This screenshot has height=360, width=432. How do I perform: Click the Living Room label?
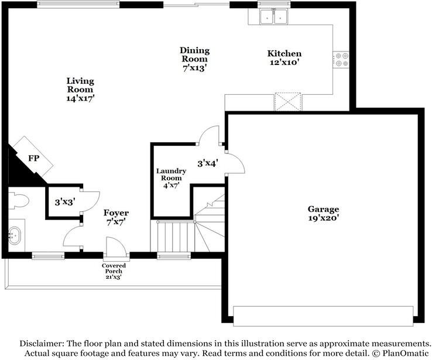click(x=80, y=85)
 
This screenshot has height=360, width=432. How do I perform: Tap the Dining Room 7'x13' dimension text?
click(x=194, y=68)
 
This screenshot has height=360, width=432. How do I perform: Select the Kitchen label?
click(x=284, y=53)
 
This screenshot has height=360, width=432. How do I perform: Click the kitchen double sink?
click(x=274, y=17)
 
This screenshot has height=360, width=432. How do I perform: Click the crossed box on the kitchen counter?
click(x=288, y=102)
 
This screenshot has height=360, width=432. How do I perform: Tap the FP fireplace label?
click(x=33, y=159)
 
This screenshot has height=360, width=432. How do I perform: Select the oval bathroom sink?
click(x=15, y=236)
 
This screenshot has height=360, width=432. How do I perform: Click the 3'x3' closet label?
click(x=65, y=203)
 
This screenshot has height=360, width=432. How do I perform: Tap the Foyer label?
click(x=116, y=213)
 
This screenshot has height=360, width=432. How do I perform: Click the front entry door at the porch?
click(x=116, y=248)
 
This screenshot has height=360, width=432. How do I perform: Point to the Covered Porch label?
click(x=114, y=268)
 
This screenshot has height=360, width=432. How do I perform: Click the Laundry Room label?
click(x=171, y=174)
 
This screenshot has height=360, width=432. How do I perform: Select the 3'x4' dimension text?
click(x=208, y=164)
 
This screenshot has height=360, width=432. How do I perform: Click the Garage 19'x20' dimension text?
click(x=323, y=218)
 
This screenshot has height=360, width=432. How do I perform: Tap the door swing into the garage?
click(x=235, y=163)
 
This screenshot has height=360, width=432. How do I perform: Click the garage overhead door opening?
click(x=323, y=316)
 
